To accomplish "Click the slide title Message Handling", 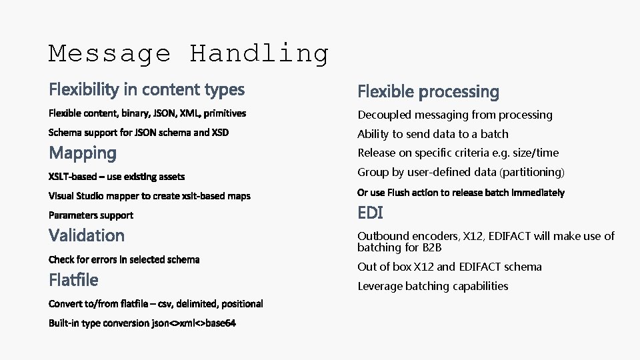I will coord(189,53).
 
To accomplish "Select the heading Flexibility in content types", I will coord(147,89).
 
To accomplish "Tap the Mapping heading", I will coord(83,153).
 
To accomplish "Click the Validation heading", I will coord(87,235).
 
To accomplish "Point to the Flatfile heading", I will coord(73,279).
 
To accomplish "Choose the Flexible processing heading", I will coord(428,91).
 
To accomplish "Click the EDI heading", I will coord(370,213).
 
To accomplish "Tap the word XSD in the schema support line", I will coord(220,133).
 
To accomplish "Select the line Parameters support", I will coord(91,215).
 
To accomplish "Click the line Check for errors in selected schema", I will coord(124,259).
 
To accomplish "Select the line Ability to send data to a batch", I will coord(433,134).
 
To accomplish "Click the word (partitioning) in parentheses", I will coord(532,172).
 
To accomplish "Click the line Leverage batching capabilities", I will coord(433,286).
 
